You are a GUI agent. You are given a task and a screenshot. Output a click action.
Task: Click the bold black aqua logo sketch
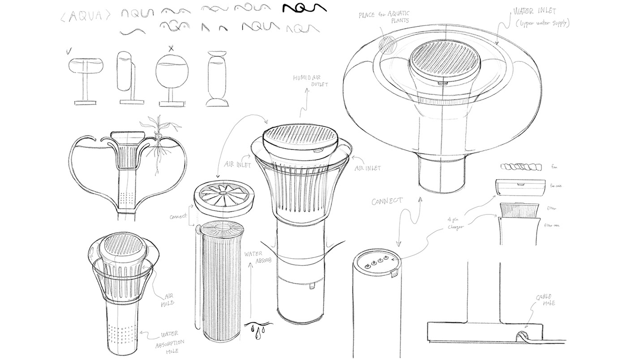click(x=304, y=8)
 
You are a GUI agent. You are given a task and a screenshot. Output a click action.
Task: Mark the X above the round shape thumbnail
click(x=171, y=47)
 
